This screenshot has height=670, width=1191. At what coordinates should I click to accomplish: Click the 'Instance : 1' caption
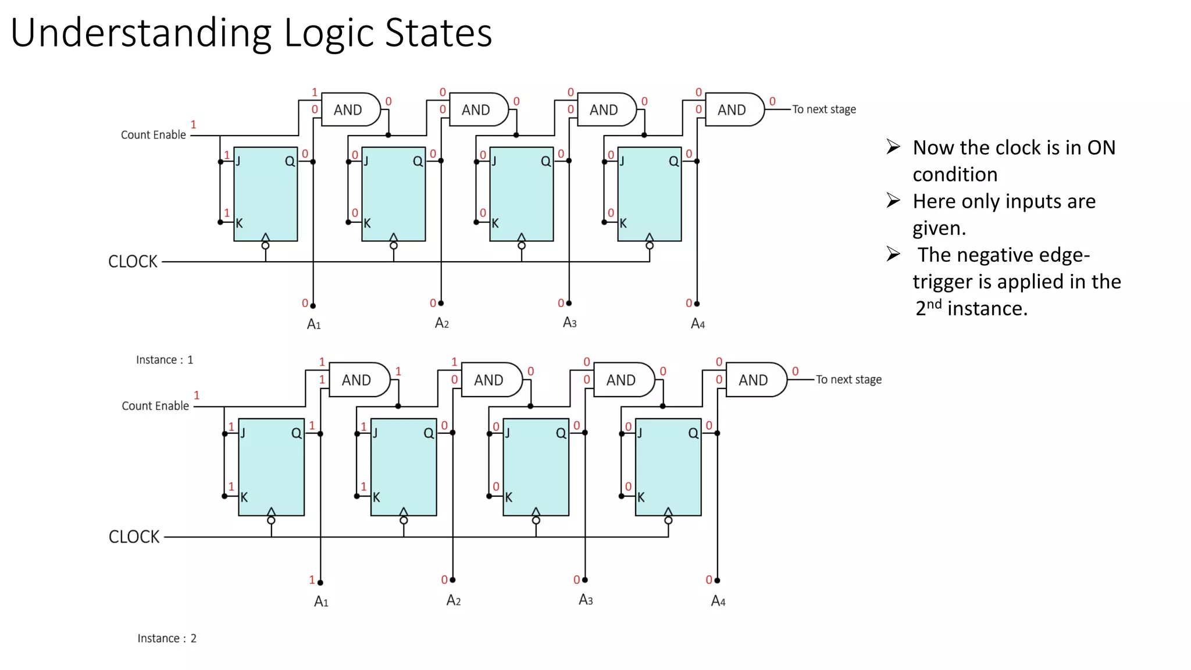coord(165,360)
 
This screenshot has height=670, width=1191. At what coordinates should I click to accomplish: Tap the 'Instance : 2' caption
coord(167,639)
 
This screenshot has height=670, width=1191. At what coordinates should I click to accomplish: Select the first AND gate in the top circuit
coord(350,109)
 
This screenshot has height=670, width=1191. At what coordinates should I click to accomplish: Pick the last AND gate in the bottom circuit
coord(755,380)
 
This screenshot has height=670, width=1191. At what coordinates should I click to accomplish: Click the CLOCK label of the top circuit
coord(133,262)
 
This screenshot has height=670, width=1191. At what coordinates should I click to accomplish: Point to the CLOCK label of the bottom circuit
coord(134,537)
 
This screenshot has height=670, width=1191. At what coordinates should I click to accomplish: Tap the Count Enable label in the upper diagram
coord(153,135)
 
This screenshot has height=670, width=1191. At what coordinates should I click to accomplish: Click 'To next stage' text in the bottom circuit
coord(848,380)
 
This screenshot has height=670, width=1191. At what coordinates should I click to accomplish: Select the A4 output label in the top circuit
coord(697,324)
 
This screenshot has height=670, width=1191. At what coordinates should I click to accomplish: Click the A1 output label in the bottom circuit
coord(321,601)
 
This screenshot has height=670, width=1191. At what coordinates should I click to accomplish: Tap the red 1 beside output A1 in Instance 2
coord(312,580)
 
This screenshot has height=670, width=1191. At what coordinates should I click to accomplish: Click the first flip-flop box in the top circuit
coord(265,194)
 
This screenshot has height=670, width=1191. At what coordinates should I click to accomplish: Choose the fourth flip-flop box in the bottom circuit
coord(668,466)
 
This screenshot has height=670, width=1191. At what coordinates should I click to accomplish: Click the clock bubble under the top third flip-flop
coord(522,246)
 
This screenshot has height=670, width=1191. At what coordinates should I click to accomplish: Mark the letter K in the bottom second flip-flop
coord(376,497)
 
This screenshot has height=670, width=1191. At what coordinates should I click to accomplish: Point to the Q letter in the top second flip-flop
coord(418,161)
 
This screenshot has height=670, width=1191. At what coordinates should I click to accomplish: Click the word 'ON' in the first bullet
coord(1101,148)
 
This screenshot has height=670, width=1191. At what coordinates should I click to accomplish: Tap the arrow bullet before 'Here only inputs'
coord(893,201)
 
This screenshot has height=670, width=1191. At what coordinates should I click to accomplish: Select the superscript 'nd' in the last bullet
coord(934,304)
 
